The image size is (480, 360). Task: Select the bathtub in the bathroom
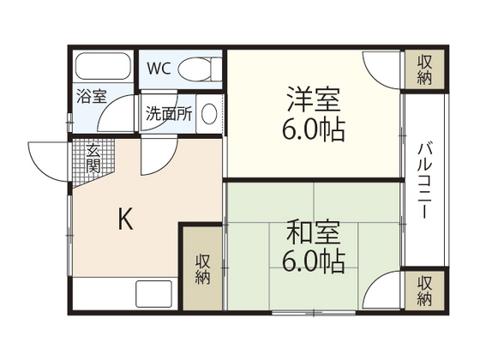pyautogui.click(x=101, y=67)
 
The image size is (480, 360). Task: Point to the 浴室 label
pyautogui.click(x=92, y=97)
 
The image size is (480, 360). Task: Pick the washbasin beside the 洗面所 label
pyautogui.click(x=208, y=114)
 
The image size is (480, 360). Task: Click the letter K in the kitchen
pyautogui.click(x=125, y=221)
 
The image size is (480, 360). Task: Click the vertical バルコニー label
pyautogui.click(x=424, y=183)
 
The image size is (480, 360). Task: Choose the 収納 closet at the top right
pyautogui.click(x=424, y=70)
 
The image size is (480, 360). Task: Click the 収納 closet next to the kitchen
pyautogui.click(x=203, y=269)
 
